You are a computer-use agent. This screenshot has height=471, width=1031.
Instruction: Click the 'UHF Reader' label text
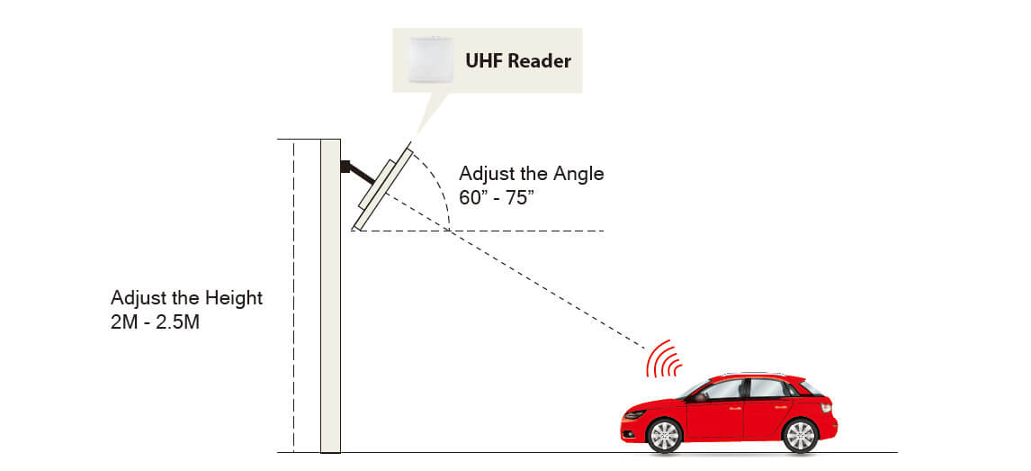tap(517, 61)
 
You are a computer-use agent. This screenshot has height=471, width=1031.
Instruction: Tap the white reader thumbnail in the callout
tap(429, 59)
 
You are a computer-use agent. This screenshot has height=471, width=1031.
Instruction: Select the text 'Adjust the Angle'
tap(531, 174)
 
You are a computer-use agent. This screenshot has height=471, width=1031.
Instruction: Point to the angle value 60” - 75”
tap(497, 197)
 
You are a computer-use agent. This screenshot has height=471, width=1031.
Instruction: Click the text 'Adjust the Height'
tap(186, 298)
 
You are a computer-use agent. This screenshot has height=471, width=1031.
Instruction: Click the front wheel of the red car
tap(664, 436)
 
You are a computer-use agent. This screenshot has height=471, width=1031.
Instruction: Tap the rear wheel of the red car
tap(799, 436)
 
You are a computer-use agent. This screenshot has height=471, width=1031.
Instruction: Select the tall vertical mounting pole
tap(330, 297)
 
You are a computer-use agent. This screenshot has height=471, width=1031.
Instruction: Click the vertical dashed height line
tap(293, 297)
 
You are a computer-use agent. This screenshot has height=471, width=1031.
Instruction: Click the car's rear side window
tap(769, 388)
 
